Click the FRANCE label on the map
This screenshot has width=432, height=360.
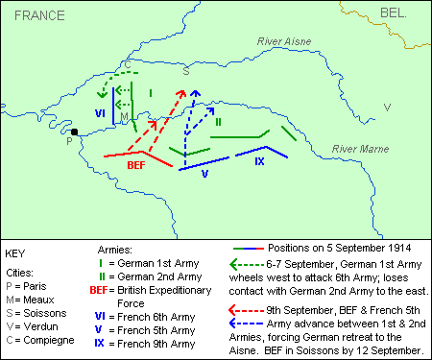37,15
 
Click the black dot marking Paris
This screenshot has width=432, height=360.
74,132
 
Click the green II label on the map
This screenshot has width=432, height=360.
218,121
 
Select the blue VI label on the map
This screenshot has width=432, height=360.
100,111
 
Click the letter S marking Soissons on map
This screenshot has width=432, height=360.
186,70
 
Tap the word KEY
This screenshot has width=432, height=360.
19,253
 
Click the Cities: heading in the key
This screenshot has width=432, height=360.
26,273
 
